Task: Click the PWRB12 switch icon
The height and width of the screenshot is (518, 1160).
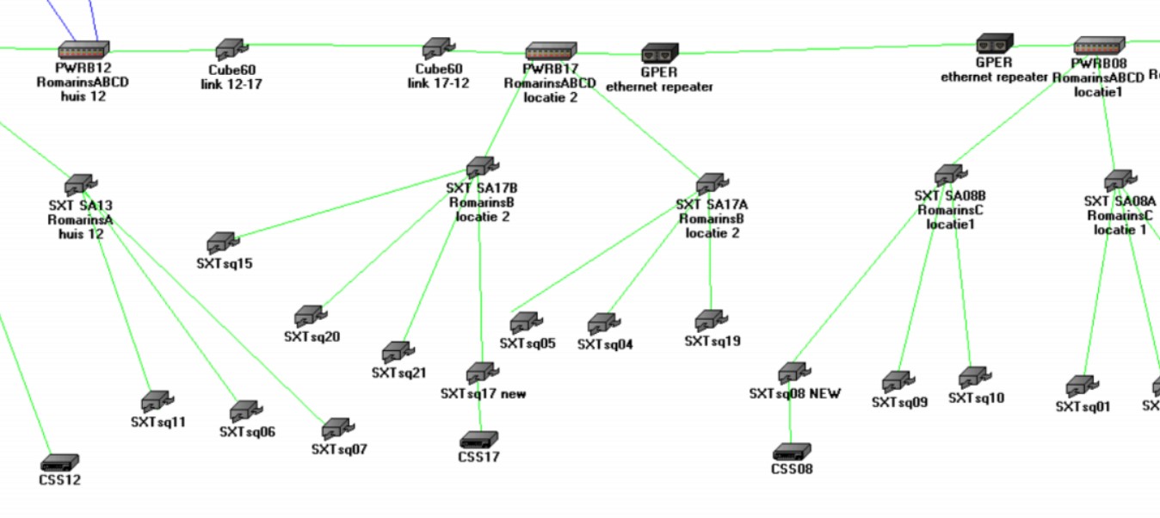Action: [83, 50]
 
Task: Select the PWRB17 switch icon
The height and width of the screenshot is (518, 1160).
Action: [551, 51]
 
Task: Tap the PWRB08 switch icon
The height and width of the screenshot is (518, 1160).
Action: [1099, 46]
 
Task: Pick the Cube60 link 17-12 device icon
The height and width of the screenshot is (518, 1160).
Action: [437, 48]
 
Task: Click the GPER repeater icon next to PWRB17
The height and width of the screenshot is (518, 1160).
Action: [660, 53]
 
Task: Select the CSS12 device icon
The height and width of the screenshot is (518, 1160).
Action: [59, 462]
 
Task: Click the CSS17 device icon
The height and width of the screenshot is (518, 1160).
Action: [478, 440]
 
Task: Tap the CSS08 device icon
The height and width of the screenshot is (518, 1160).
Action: [792, 452]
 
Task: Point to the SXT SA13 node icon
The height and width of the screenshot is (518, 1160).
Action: [79, 184]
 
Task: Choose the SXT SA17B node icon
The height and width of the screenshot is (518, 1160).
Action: [480, 167]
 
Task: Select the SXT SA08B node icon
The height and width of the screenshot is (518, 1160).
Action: [948, 175]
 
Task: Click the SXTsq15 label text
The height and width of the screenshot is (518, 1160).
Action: [225, 263]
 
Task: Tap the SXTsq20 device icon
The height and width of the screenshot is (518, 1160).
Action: [310, 316]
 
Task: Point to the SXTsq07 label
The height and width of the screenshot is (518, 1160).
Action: [339, 449]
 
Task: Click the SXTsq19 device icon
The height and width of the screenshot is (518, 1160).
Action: [711, 321]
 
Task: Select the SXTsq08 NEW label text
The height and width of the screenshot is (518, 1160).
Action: [794, 394]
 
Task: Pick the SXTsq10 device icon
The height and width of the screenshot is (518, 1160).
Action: [974, 377]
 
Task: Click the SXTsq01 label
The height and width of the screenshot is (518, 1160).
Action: [1083, 406]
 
